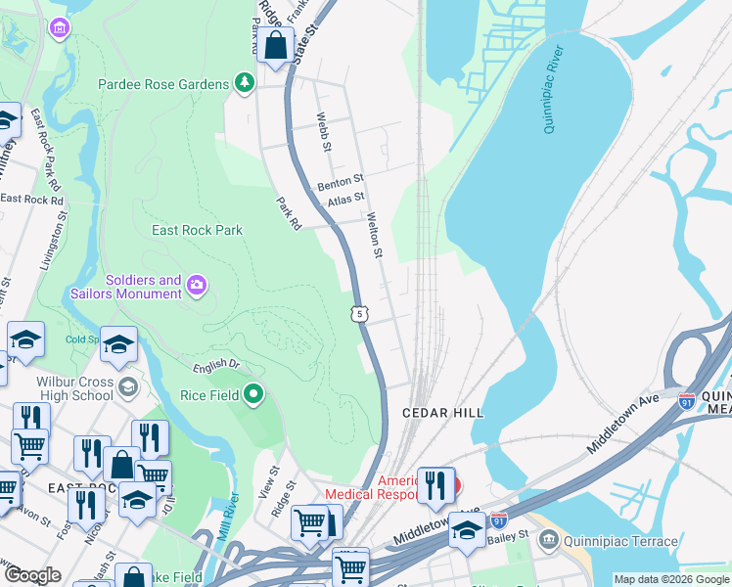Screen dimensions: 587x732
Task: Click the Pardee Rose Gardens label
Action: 162,84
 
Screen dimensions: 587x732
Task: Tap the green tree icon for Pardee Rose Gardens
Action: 243,84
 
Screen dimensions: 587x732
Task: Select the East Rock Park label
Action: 197,230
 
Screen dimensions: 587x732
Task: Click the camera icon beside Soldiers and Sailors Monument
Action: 197,286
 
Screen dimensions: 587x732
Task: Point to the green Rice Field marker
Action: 253,395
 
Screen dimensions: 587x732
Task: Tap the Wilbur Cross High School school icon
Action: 127,388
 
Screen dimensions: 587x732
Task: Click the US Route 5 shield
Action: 361,313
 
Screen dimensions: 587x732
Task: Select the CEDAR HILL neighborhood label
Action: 443,414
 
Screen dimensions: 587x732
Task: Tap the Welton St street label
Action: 374,236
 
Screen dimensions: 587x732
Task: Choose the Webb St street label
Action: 323,132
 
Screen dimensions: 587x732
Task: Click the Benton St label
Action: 340,183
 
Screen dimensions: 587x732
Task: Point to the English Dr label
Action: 215,366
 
